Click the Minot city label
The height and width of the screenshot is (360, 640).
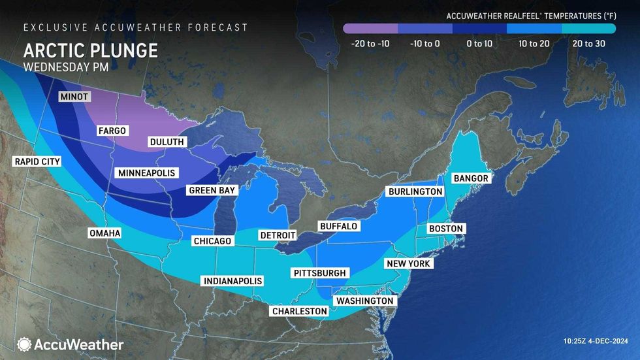[x=74, y=97]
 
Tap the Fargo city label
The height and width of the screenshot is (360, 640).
[x=112, y=131]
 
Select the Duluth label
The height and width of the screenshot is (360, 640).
[x=167, y=141]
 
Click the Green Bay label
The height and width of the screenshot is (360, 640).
[x=212, y=190]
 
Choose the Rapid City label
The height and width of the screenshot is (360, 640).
[x=37, y=161]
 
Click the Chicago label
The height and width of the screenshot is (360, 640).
[x=212, y=241]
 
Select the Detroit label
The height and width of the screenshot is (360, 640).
[x=278, y=235]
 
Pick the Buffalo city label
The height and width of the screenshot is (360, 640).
[x=338, y=226]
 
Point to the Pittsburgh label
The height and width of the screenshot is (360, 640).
[x=320, y=272]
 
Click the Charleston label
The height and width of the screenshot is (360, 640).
[x=300, y=311]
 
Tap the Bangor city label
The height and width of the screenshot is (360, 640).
[x=470, y=178]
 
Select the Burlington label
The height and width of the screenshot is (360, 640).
[x=415, y=191]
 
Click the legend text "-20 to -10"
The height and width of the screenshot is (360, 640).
[x=370, y=44]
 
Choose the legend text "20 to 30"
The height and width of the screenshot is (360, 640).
[x=588, y=44]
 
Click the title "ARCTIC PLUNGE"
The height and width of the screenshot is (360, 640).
[x=90, y=50]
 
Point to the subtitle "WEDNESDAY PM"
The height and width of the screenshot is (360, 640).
[x=65, y=66]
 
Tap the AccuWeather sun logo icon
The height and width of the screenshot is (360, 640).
[x=24, y=344]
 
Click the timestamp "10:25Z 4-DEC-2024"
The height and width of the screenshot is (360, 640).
[x=594, y=341]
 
